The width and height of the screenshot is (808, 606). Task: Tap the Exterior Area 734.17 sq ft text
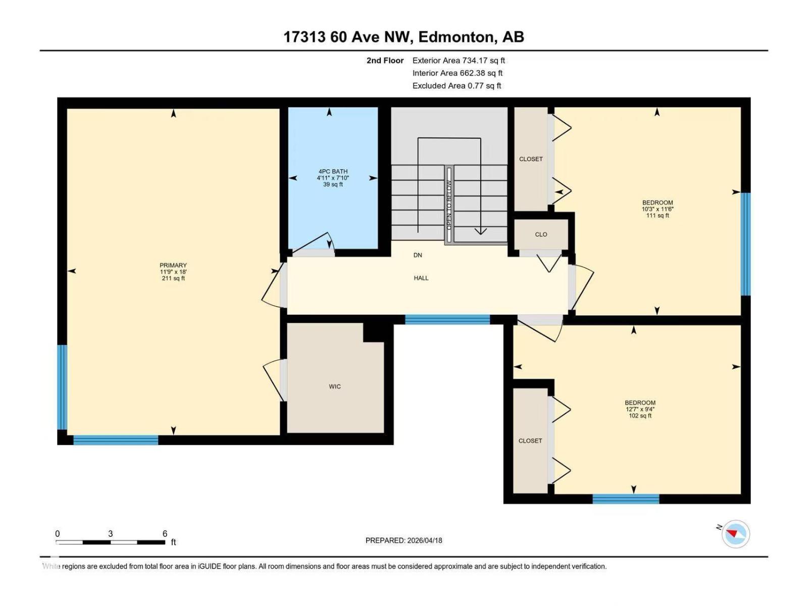click(x=458, y=60)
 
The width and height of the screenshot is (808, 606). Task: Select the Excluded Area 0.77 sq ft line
click(x=456, y=86)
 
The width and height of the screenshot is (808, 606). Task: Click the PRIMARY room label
click(x=173, y=265)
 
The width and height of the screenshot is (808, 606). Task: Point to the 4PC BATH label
click(x=333, y=171)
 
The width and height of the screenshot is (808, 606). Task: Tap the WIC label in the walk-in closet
click(x=335, y=386)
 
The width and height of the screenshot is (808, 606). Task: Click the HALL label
click(x=421, y=278)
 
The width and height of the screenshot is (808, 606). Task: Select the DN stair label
click(x=418, y=255)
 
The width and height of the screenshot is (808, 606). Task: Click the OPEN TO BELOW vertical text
click(x=449, y=205)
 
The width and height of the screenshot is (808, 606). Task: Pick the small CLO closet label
click(x=541, y=234)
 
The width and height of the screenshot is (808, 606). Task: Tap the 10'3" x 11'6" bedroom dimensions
click(x=658, y=209)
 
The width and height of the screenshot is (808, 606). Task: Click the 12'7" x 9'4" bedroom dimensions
click(x=640, y=410)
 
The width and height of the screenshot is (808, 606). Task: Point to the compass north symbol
click(x=735, y=534)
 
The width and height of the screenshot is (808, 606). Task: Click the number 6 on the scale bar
click(x=165, y=533)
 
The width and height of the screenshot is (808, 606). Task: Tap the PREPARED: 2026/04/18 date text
click(x=403, y=540)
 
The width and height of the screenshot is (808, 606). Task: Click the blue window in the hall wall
click(x=447, y=319)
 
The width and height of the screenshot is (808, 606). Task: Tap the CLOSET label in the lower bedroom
click(x=530, y=440)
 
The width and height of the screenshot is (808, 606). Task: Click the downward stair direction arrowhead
click(x=480, y=231)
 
